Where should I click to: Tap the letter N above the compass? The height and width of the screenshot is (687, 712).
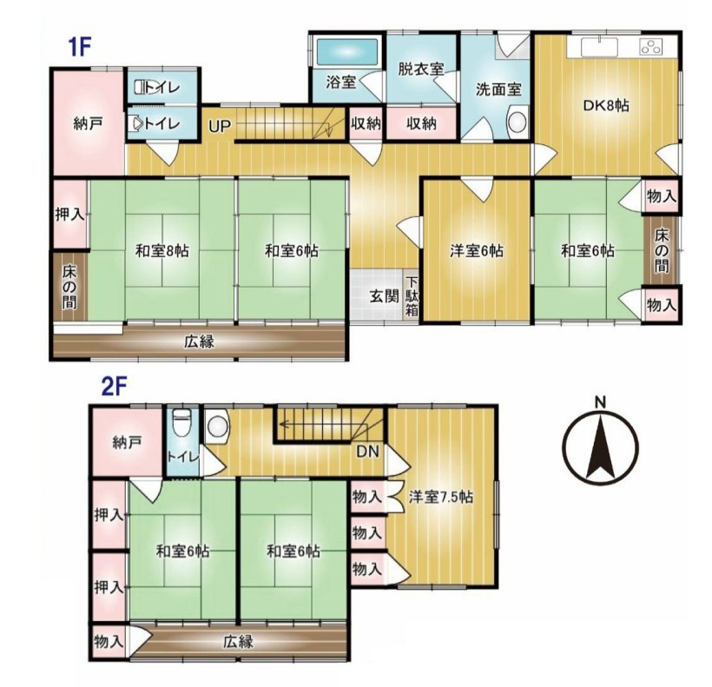coord(600,401)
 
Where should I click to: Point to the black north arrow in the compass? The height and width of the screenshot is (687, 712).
coord(600,447)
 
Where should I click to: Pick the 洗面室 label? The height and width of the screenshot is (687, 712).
coord(498,89)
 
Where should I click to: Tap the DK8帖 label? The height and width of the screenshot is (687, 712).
coord(606,105)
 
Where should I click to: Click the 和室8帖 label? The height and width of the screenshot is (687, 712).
coord(162,251)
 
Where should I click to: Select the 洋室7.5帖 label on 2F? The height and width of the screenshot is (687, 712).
coord(440,498)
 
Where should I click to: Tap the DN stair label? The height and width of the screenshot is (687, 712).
coord(366,452)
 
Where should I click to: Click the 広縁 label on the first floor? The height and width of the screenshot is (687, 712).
coord(199,341)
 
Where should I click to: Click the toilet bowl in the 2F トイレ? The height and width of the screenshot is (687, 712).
coord(181,422)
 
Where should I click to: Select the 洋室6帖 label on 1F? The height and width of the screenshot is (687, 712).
coord(476,251)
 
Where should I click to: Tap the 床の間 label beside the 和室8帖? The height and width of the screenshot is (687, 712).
coord(69,287)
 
